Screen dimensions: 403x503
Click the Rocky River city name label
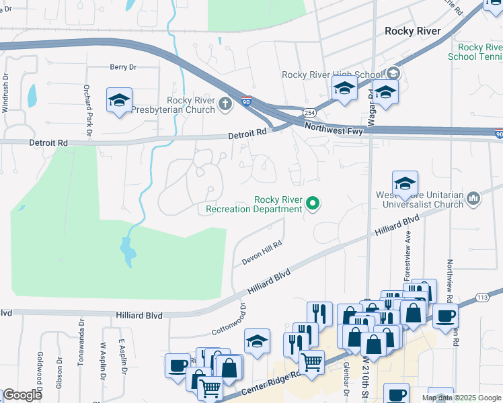point(412,31)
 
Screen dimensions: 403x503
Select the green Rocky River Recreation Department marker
point(312,202)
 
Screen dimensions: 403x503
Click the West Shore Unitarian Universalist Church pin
point(473,197)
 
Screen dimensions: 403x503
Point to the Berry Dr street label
point(123,67)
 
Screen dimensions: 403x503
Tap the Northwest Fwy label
point(333,128)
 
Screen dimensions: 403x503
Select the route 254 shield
point(309,112)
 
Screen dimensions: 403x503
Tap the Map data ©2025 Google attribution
point(461,398)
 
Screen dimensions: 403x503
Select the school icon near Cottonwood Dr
point(257,341)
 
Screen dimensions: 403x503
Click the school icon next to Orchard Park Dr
point(119,101)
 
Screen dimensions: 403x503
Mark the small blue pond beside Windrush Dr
point(32,97)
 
